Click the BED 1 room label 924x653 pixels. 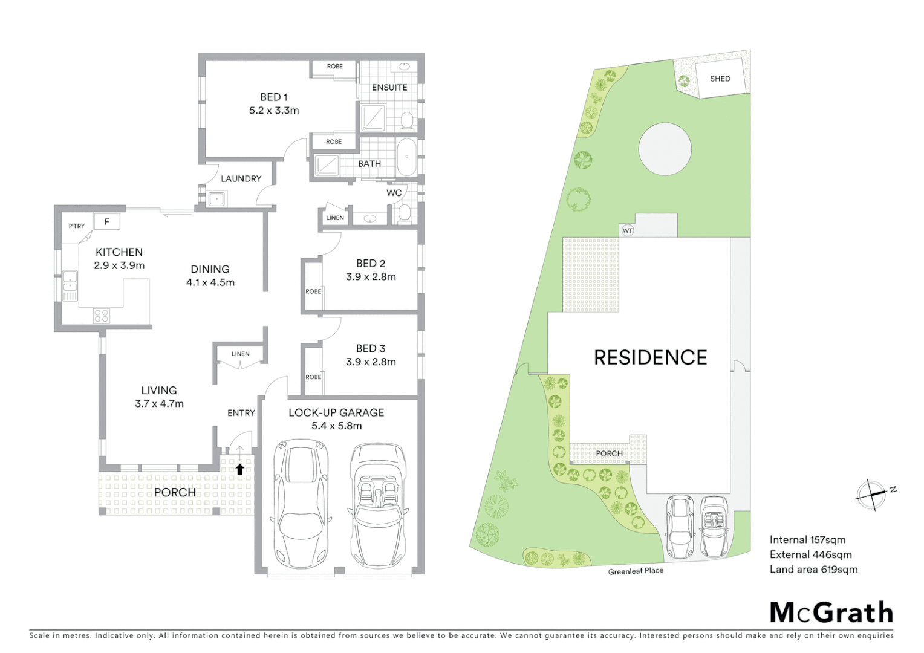coord(273,97)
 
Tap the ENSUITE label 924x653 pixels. coord(389,88)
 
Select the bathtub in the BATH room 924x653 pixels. coord(407,157)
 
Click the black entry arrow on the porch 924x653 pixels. coord(240,469)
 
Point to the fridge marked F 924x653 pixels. coord(107,222)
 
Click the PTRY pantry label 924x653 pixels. coord(77,226)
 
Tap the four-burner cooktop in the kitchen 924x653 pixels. coord(101,316)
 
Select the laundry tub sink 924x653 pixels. coord(216,199)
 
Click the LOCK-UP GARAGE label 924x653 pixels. coord(336,413)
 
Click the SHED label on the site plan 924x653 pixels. coord(720,79)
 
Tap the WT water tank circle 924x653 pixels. coord(628,230)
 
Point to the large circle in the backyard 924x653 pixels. coord(665,149)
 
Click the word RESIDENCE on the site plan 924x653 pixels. coord(650,358)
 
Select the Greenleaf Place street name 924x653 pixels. coord(636,571)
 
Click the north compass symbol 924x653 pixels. coord(871,495)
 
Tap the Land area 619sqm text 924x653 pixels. coord(813,570)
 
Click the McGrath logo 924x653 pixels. coord(831,612)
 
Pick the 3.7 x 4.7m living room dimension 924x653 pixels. coord(159,404)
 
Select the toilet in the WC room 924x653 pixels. coord(404,213)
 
